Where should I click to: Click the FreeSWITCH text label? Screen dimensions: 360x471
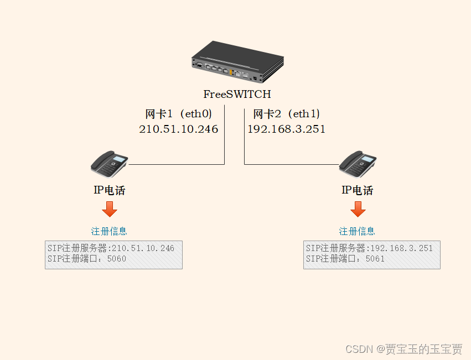[237, 94]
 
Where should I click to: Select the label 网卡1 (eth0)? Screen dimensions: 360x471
[178, 114]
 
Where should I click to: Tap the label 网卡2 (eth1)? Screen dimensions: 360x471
[286, 114]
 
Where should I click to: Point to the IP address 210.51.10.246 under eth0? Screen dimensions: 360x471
[178, 129]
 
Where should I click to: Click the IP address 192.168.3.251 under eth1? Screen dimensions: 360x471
[286, 129]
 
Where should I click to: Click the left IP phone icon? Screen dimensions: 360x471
[110, 162]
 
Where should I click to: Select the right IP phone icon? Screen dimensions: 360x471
[358, 162]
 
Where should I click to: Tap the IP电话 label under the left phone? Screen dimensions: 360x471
[110, 190]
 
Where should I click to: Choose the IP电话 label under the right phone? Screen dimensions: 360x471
[358, 190]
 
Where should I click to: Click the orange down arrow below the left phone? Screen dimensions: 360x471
[110, 209]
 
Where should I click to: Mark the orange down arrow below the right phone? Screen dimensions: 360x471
[358, 209]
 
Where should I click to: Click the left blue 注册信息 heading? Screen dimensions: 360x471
[109, 231]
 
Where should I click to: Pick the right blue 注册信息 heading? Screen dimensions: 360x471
[357, 231]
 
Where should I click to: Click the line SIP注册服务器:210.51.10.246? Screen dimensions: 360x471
[111, 248]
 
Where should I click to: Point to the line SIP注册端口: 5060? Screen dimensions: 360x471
[87, 258]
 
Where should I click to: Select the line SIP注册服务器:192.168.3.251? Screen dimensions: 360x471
[369, 248]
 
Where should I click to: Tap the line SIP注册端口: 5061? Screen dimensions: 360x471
[345, 258]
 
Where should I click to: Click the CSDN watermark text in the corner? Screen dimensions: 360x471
[403, 349]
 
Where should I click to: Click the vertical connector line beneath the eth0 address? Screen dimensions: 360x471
[225, 149]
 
